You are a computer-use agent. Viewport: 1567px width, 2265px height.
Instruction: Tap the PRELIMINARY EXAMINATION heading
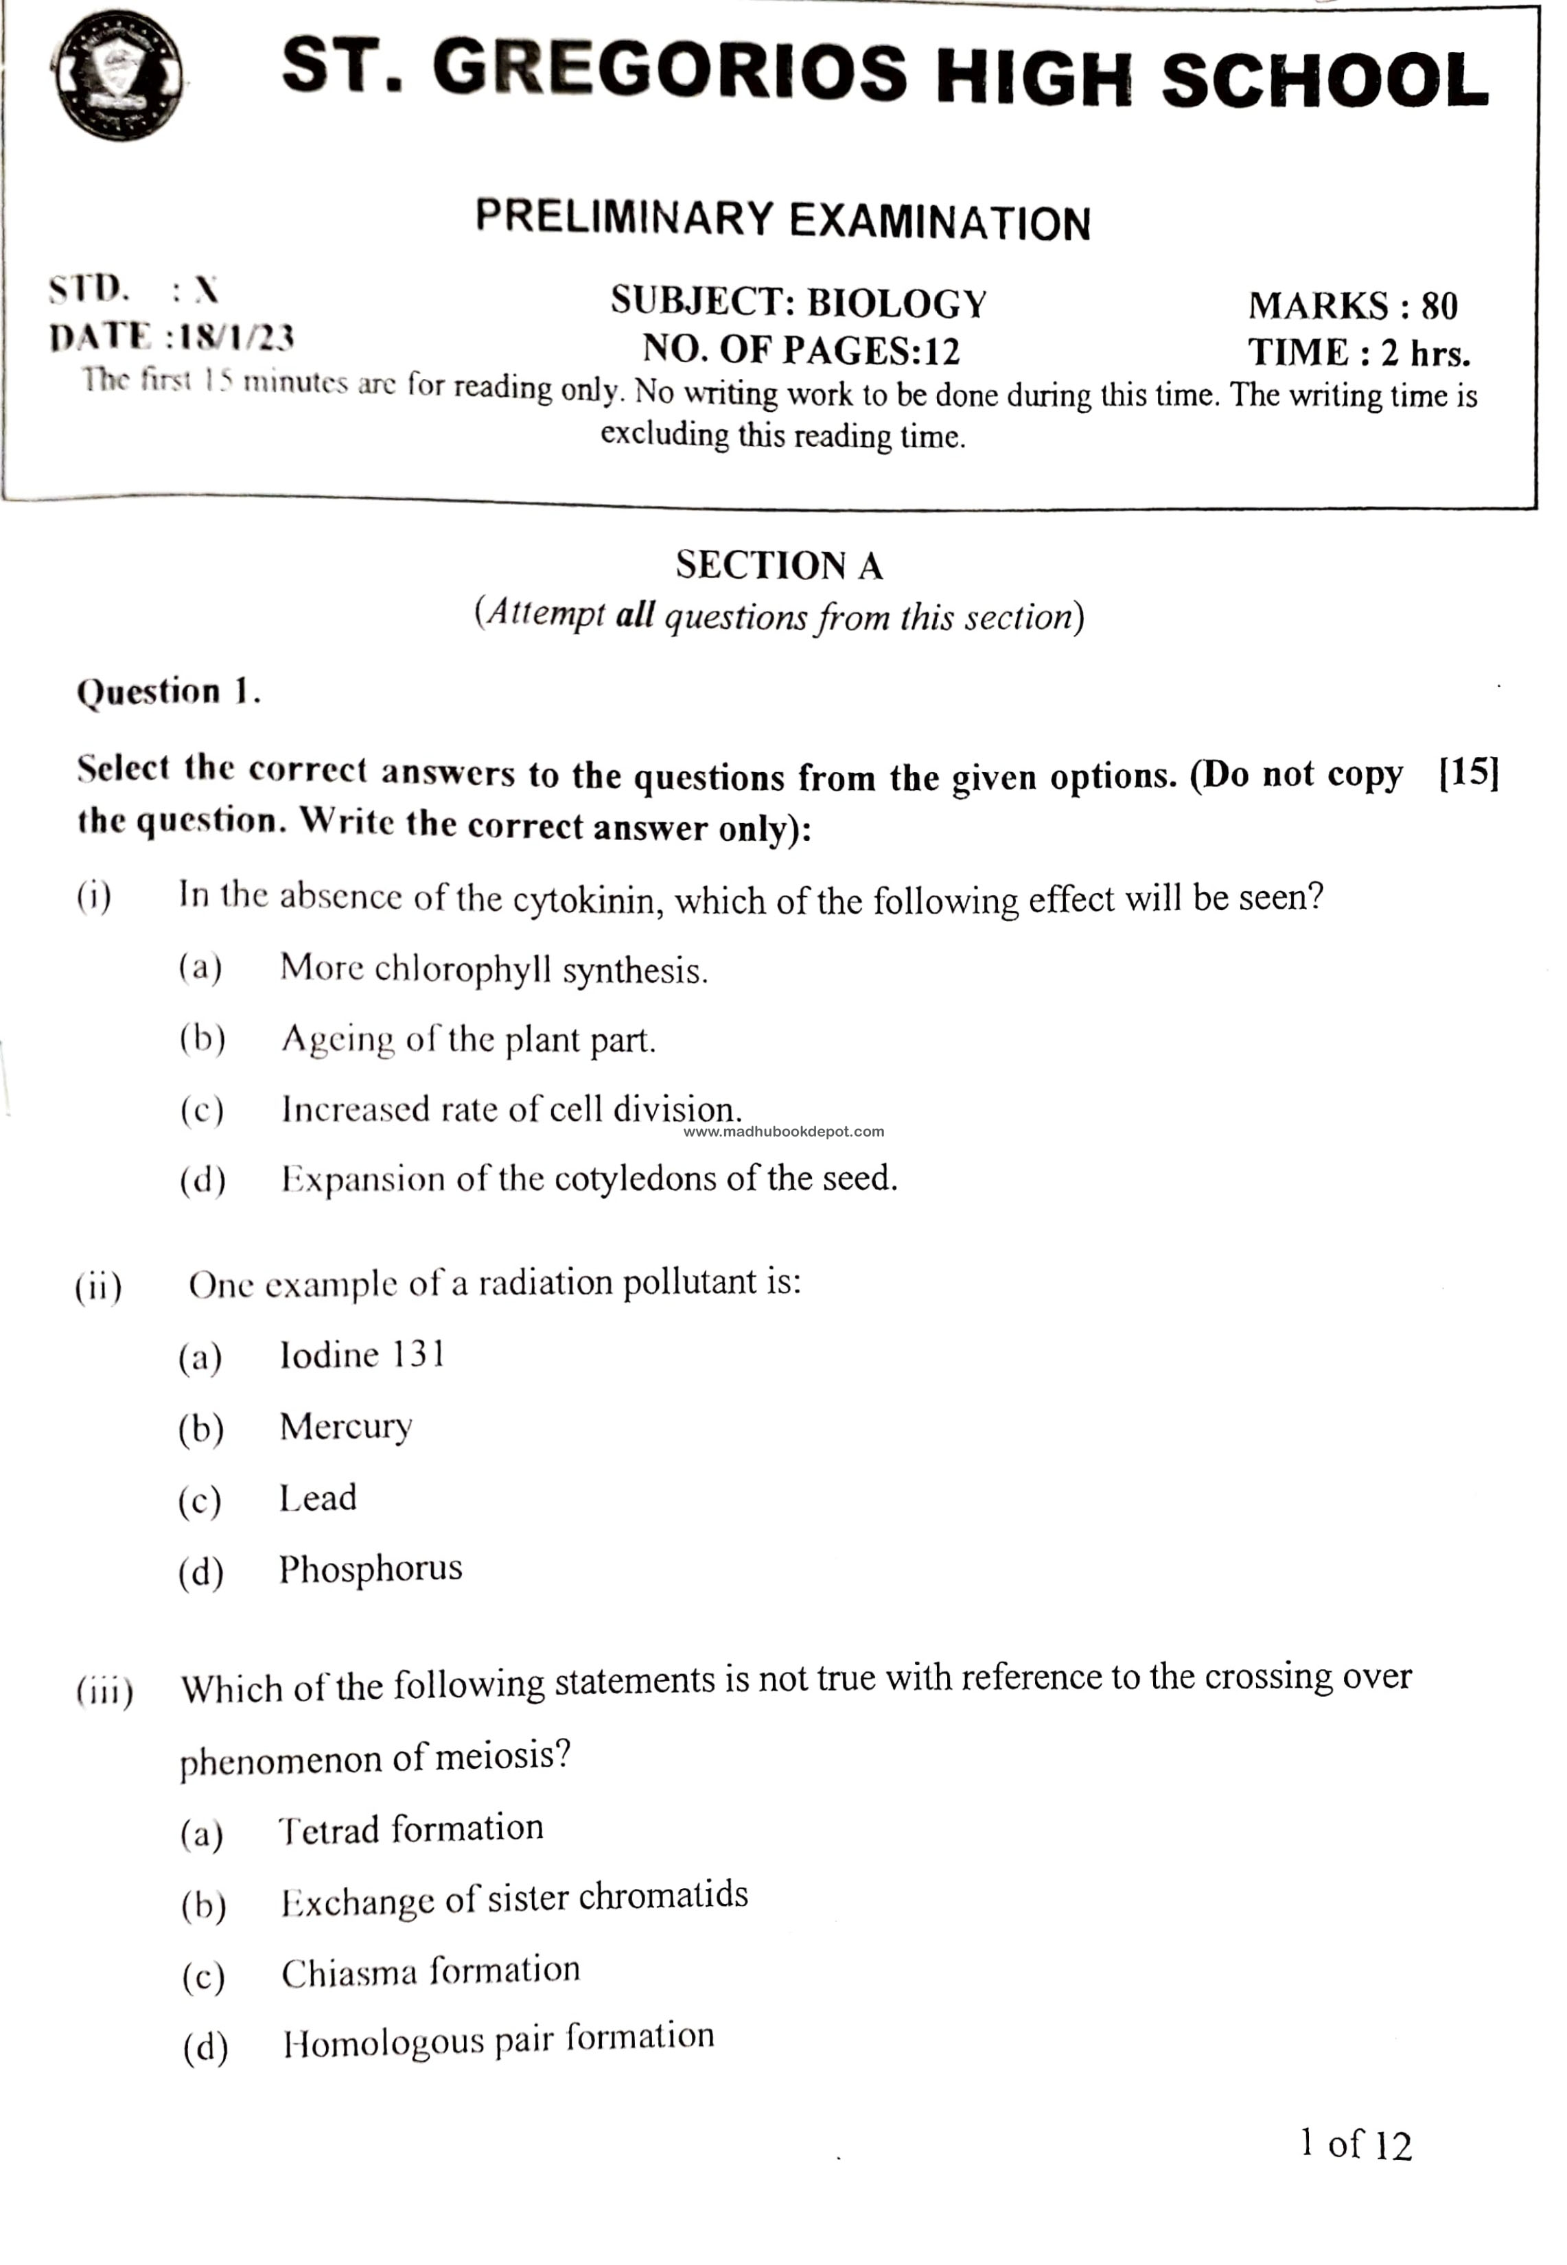click(x=782, y=220)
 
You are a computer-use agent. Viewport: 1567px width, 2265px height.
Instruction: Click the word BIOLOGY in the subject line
click(x=896, y=303)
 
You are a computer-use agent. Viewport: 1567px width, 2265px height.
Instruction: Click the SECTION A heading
click(x=780, y=566)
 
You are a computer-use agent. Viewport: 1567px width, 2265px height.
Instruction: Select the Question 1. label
click(x=168, y=692)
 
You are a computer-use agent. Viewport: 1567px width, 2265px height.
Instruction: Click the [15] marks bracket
click(x=1469, y=774)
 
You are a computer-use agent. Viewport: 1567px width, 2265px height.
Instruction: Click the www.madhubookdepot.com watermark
click(x=784, y=1131)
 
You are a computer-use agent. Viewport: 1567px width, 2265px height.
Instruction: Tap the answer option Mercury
click(x=346, y=1426)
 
